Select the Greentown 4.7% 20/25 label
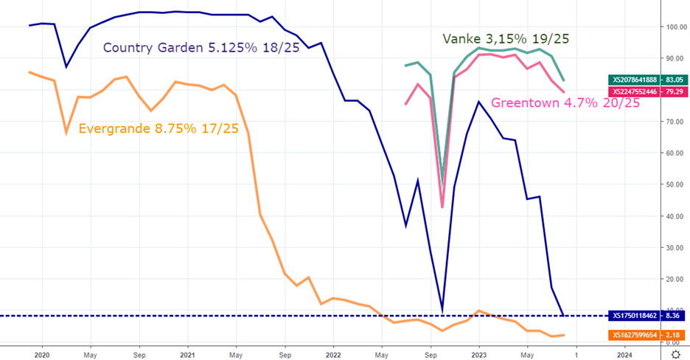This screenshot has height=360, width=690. tap(565, 103)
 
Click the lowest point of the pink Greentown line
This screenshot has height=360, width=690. tap(442, 207)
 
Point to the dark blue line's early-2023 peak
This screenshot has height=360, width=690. tap(478, 101)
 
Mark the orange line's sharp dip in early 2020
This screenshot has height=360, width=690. tap(66, 133)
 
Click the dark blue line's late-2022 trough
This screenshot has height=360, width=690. tap(442, 311)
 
